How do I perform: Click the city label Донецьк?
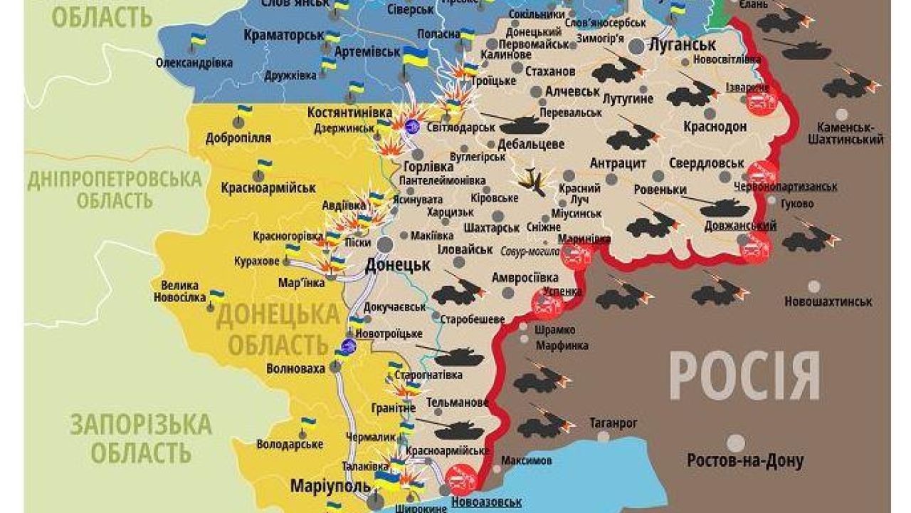point(397,265)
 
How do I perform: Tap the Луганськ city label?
point(681,44)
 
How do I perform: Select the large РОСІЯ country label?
point(744,376)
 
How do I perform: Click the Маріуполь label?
point(331,487)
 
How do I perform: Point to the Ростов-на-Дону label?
point(745,460)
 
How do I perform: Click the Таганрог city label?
point(613,423)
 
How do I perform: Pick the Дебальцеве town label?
point(531,144)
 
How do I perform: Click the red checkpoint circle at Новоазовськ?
point(462,479)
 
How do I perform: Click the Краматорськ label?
point(274,33)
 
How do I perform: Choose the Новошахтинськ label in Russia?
point(828,301)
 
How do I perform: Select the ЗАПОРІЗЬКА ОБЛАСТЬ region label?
point(140,437)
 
